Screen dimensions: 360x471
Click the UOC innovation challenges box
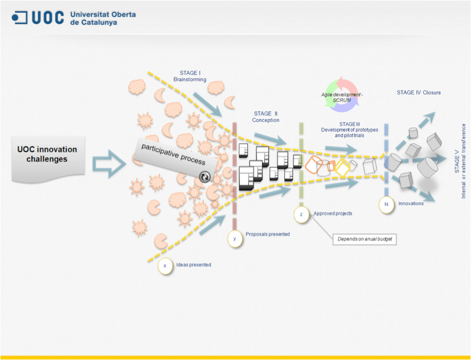pyautogui.click(x=47, y=155)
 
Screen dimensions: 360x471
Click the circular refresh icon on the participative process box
pyautogui.click(x=204, y=177)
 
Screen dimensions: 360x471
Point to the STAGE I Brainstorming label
pyautogui.click(x=189, y=76)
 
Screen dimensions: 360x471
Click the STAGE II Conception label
pyautogui.click(x=265, y=117)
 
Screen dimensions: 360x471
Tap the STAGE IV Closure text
pyautogui.click(x=418, y=93)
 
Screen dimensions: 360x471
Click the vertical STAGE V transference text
pyautogui.click(x=460, y=161)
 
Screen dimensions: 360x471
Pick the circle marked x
pyautogui.click(x=165, y=265)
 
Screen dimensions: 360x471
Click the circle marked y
pyautogui.click(x=234, y=239)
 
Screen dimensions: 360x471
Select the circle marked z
pyautogui.click(x=301, y=214)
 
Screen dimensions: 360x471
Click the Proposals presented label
pyautogui.click(x=267, y=234)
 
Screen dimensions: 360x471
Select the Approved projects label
pyautogui.click(x=333, y=214)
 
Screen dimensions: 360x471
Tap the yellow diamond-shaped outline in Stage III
pyautogui.click(x=343, y=168)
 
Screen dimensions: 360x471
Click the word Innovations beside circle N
pyautogui.click(x=411, y=204)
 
